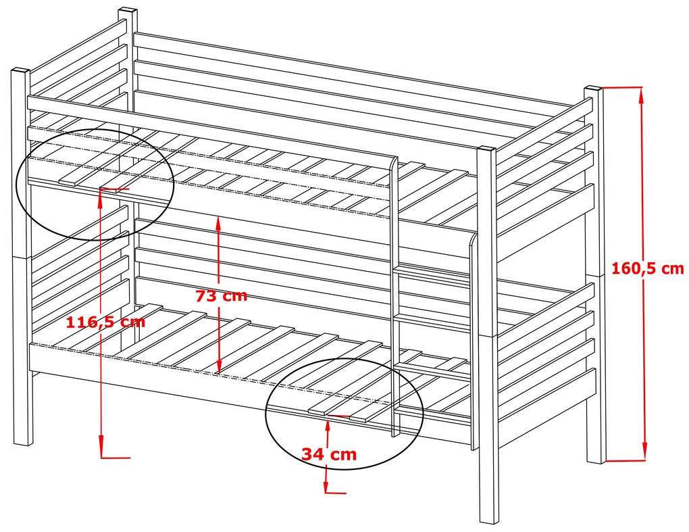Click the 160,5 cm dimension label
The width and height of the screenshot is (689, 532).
(648, 268)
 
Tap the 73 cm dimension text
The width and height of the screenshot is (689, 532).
(222, 296)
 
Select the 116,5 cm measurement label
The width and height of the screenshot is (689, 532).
(105, 322)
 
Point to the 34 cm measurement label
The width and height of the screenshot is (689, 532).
(329, 454)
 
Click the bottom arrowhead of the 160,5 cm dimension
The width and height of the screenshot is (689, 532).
(644, 453)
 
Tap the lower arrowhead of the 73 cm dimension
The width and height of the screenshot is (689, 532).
(219, 366)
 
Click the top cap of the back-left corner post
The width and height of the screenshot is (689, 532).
(128, 9)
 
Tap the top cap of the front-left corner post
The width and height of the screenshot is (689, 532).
(20, 70)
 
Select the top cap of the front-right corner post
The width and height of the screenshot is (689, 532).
(487, 149)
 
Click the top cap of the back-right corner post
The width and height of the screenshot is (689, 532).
(593, 89)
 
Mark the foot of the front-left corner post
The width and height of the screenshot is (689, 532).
(23, 443)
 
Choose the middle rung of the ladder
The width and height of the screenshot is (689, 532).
(433, 321)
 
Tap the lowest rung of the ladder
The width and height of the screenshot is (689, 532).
(433, 372)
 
